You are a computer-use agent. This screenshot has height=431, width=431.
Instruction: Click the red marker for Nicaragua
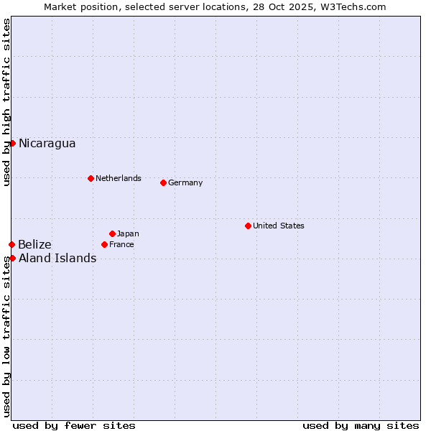tap(12, 143)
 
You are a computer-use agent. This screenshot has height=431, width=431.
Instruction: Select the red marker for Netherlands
tap(91, 178)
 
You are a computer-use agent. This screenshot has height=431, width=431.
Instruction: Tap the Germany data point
tap(163, 182)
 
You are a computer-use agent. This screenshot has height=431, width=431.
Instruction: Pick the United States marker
tap(248, 226)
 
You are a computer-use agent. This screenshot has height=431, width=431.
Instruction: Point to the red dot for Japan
tap(112, 233)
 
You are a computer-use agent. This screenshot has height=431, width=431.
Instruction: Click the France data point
tap(104, 244)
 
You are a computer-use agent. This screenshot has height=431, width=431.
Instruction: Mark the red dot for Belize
tap(11, 245)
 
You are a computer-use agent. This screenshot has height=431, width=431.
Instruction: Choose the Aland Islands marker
tap(12, 258)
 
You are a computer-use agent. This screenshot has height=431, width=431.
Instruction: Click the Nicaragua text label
tap(47, 144)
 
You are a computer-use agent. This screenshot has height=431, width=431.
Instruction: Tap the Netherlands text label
tap(118, 178)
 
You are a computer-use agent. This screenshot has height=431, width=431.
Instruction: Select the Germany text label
tap(185, 182)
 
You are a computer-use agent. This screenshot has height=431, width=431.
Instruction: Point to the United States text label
tap(278, 226)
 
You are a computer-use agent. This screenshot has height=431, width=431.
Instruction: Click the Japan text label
tap(128, 233)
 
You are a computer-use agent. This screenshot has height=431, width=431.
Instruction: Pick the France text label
tap(121, 244)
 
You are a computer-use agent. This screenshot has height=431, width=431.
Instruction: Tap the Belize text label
tap(34, 245)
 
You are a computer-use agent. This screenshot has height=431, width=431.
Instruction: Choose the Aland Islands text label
tap(57, 259)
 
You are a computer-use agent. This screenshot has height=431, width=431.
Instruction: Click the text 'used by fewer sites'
tap(74, 425)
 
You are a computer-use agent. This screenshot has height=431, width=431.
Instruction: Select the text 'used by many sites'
tap(361, 425)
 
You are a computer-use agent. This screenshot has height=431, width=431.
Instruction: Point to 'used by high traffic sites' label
tap(6, 102)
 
